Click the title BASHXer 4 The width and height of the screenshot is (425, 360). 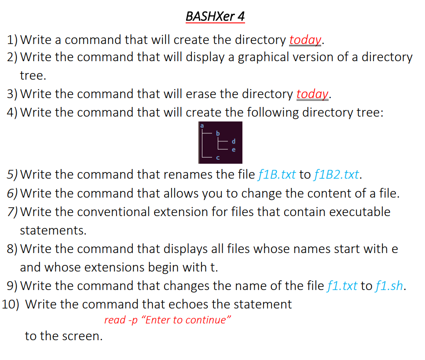pyautogui.click(x=215, y=17)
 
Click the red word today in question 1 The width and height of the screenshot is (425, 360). pyautogui.click(x=306, y=40)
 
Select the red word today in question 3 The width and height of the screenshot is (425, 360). pyautogui.click(x=313, y=94)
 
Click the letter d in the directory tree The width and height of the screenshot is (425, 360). pyautogui.click(x=234, y=142)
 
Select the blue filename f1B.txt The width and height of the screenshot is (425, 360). pyautogui.click(x=276, y=175)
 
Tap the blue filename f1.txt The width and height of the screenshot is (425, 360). pyautogui.click(x=342, y=286)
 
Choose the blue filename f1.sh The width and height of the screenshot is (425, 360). pyautogui.click(x=389, y=286)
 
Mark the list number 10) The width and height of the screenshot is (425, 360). pyautogui.click(x=11, y=305)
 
